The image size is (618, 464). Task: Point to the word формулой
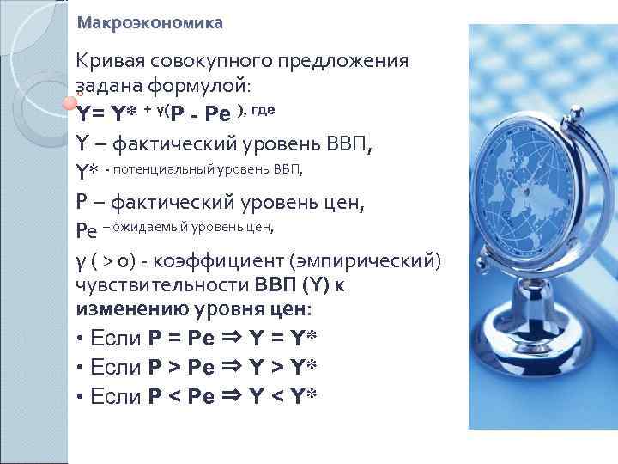coord(207,87)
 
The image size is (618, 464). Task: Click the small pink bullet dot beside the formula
coord(70,104)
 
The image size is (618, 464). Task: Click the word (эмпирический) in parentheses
coord(369,259)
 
